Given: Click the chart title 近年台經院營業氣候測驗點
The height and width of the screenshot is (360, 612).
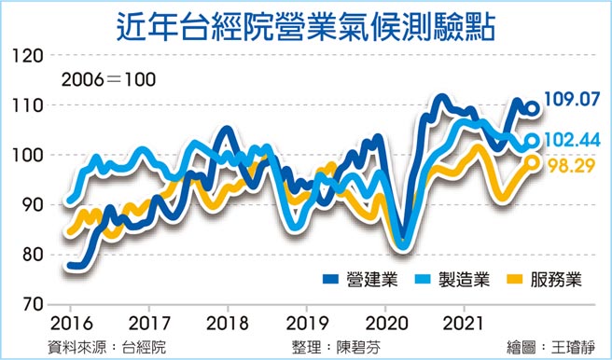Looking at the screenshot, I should coord(306,23).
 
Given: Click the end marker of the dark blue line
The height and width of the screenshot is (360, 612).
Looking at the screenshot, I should coord(533,108).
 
